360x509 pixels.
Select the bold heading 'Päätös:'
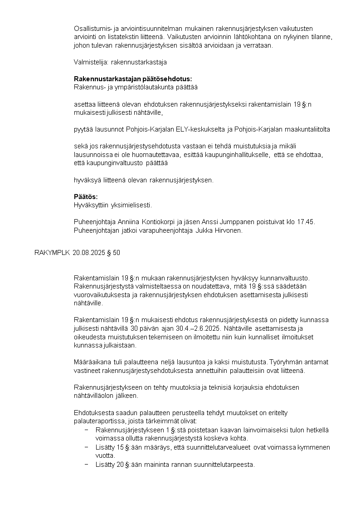click(x=86, y=196)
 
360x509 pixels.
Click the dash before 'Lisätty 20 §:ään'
click(x=86, y=464)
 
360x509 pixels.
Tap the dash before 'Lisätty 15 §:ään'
click(x=86, y=447)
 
